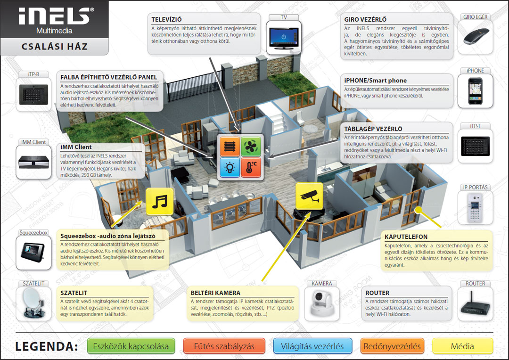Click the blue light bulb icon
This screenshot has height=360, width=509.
coord(230,167)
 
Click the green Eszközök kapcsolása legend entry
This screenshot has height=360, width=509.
coord(131,346)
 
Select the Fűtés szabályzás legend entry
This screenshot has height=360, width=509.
coord(224,346)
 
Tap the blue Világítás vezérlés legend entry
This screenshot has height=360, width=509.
coord(312,346)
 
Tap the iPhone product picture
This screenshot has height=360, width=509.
coord(475,90)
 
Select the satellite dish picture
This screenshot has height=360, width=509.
coord(33,304)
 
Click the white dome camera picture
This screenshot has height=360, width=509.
coord(322,304)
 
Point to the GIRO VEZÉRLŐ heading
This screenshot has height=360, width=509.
coord(366,20)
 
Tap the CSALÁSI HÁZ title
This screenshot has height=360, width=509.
coord(55,47)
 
